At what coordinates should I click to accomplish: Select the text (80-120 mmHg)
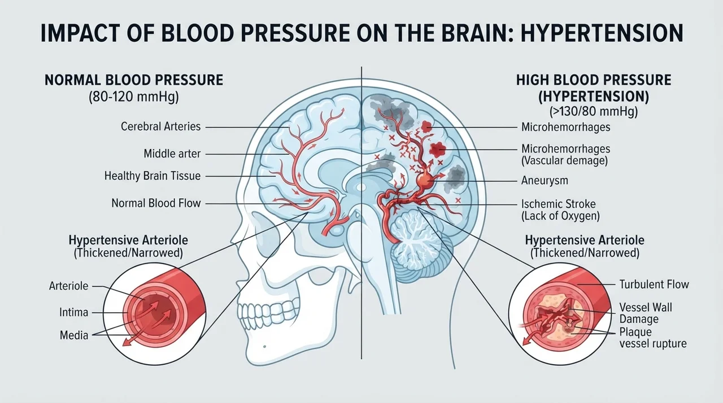(134, 97)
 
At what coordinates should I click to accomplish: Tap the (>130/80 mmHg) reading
(594, 112)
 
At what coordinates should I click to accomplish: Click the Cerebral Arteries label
(161, 126)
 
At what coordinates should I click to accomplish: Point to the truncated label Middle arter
(172, 154)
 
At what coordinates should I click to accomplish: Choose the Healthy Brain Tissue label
(153, 176)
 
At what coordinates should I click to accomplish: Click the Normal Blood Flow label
(156, 203)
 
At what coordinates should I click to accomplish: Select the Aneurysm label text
(545, 181)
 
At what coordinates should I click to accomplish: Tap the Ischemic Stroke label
(559, 204)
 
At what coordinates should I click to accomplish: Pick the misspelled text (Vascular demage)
(564, 160)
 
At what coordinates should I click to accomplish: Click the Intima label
(73, 312)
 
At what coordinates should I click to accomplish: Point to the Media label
(74, 335)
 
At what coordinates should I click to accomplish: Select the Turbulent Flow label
(654, 284)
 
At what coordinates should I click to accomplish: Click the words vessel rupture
(652, 344)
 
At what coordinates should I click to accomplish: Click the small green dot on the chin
(265, 347)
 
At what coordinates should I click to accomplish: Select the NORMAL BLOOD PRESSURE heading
(134, 80)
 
